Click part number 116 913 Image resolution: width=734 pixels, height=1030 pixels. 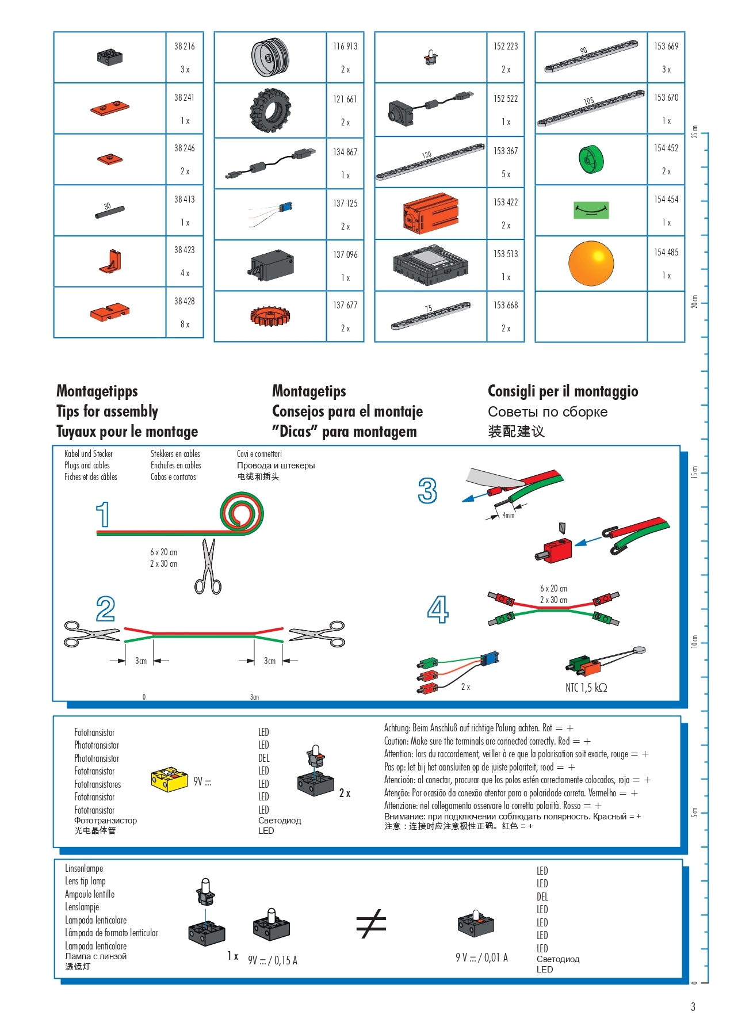345,46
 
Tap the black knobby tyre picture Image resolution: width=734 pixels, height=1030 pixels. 270,110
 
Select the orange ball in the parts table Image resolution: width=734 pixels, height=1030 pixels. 591,263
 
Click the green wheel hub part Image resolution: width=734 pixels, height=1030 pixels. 591,159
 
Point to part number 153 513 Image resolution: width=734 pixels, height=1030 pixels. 506,254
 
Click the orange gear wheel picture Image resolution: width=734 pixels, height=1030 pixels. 270,315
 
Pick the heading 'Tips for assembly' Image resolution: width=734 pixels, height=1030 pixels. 107,411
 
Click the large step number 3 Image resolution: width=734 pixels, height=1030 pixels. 427,491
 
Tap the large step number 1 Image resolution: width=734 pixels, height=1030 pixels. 103,514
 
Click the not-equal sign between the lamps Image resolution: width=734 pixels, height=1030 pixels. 371,924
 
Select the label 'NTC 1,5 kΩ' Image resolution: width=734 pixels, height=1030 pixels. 586,688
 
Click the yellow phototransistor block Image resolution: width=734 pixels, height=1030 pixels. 169,779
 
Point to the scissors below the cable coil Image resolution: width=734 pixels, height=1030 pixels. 208,566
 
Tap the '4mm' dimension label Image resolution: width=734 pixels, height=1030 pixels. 509,516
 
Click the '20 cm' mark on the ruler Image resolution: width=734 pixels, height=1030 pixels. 694,302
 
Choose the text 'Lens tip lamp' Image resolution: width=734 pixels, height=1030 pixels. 85,881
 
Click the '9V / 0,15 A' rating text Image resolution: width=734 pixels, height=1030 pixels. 273,960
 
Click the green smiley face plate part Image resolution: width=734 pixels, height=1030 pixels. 591,210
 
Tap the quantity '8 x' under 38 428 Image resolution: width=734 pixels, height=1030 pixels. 185,325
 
